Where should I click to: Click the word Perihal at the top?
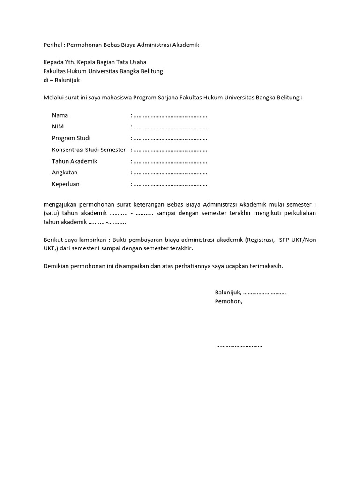pyautogui.click(x=53, y=45)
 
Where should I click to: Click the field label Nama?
pyautogui.click(x=60, y=115)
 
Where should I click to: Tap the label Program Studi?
pyautogui.click(x=71, y=138)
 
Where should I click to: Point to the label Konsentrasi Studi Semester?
pyautogui.click(x=89, y=150)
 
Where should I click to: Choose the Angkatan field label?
pyautogui.click(x=65, y=172)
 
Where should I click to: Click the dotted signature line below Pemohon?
pyautogui.click(x=240, y=346)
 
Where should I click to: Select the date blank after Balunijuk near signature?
pyautogui.click(x=265, y=292)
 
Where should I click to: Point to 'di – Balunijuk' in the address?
pyautogui.click(x=62, y=80)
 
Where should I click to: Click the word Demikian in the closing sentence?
pyautogui.click(x=58, y=266)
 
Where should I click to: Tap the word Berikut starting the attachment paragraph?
pyautogui.click(x=54, y=240)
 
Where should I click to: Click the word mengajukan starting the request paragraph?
pyautogui.click(x=62, y=205)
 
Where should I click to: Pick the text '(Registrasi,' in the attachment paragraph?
pyautogui.click(x=260, y=240)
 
